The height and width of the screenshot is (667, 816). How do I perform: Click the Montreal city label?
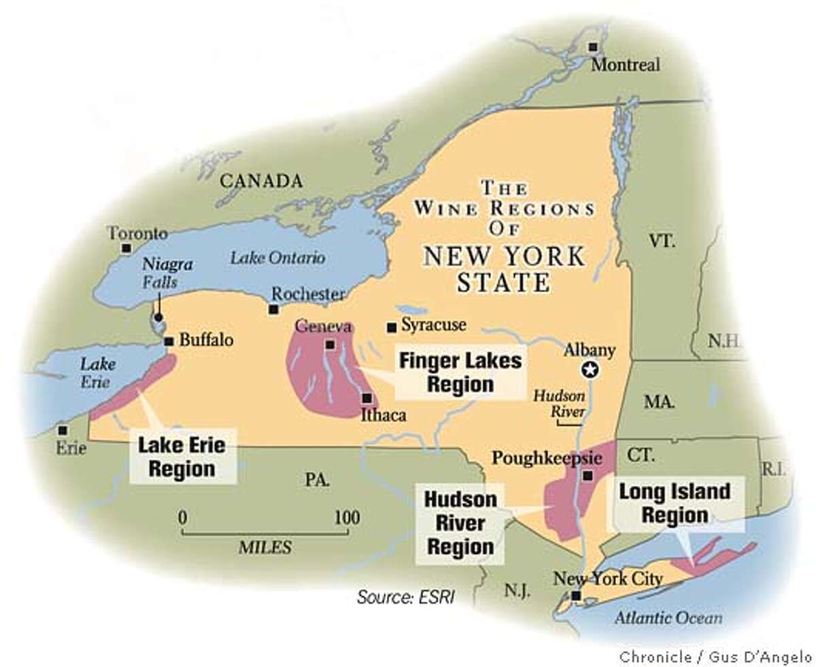625,65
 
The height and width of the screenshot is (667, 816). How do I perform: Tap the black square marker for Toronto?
125,248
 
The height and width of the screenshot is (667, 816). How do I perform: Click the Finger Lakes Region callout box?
460,372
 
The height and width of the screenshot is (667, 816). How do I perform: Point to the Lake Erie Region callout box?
182,457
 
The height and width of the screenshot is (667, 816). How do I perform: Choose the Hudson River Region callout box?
460,523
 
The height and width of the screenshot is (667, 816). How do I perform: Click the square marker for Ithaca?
367,398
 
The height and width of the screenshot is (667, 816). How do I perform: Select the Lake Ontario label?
277,258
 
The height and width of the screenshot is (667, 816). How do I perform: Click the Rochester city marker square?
273,310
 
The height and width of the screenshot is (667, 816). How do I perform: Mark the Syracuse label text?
433,325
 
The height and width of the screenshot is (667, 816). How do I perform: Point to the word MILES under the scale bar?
265,547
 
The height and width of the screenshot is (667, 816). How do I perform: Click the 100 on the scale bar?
346,516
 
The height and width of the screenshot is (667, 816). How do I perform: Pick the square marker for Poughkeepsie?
589,476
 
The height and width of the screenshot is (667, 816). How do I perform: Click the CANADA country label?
260,181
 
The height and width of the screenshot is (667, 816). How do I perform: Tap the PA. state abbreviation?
318,481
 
